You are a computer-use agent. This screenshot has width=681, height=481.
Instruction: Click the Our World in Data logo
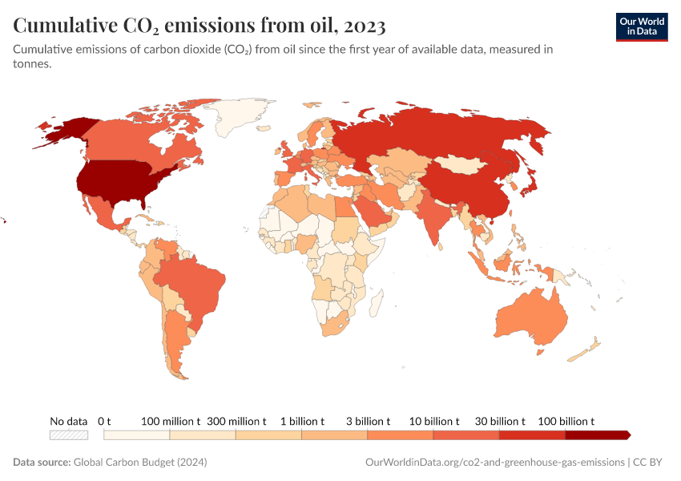(x=641, y=26)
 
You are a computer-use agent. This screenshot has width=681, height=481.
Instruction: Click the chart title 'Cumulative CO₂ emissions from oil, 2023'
(x=199, y=26)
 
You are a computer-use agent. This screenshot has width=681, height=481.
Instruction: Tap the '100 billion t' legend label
(x=566, y=421)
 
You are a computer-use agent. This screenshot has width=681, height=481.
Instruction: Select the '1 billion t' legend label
(x=301, y=421)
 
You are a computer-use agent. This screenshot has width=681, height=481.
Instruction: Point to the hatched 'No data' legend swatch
(x=68, y=435)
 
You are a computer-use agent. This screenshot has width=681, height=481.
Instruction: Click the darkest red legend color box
(x=597, y=435)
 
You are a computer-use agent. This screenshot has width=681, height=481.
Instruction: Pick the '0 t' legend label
(x=104, y=421)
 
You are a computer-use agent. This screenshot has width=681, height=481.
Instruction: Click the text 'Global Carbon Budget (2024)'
(x=140, y=463)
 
